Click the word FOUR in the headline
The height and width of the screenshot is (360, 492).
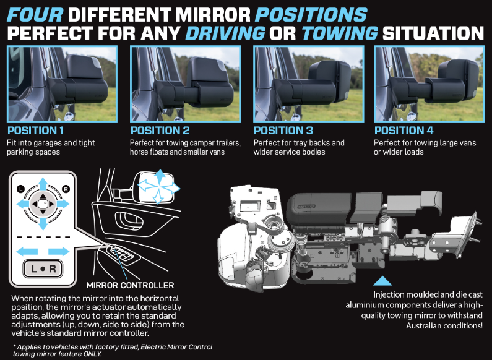tap(35, 14)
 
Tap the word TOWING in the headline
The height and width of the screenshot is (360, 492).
tap(340, 33)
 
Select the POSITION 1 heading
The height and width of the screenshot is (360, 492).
tap(35, 131)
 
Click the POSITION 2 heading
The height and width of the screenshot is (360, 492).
tap(160, 131)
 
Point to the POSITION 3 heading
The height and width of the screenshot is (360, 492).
tap(283, 131)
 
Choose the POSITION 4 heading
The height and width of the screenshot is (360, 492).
tap(404, 131)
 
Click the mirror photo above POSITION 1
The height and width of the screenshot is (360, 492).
tap(62, 84)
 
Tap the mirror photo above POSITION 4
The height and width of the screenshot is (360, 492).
tap(429, 84)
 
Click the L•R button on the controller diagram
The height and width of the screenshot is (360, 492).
tap(43, 268)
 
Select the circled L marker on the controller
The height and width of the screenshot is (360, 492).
tap(20, 189)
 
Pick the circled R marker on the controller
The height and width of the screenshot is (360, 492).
tap(66, 189)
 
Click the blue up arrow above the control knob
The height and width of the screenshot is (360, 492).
tap(43, 184)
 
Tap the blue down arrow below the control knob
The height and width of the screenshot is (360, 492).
tap(43, 223)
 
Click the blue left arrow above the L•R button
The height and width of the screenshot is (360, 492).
tap(27, 251)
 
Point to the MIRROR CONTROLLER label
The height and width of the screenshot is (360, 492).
tap(130, 285)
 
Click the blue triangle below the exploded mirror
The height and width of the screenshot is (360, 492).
tap(382, 281)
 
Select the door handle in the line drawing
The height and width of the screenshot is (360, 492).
tap(129, 220)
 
